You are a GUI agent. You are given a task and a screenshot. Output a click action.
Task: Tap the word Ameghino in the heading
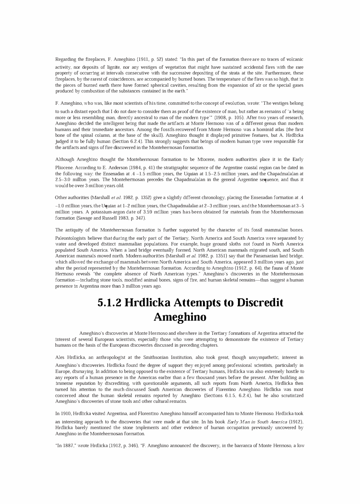point(180,317)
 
